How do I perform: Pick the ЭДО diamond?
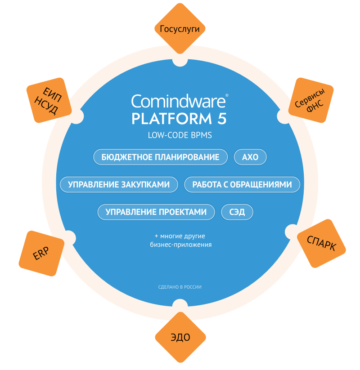[x=180, y=338]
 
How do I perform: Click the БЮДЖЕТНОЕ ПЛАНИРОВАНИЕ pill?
[x=161, y=157]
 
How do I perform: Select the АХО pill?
[x=250, y=157]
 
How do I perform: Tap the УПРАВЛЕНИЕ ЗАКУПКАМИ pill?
[x=119, y=184]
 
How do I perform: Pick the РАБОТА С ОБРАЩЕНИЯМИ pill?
[x=242, y=184]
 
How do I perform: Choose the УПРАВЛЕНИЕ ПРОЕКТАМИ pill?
[x=156, y=212]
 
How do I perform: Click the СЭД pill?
[x=237, y=212]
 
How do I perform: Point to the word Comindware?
[x=178, y=102]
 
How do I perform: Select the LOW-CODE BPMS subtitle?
[x=180, y=135]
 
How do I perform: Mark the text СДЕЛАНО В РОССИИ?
[x=180, y=287]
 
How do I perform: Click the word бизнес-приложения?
[x=180, y=245]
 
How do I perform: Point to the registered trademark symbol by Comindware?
[x=227, y=96]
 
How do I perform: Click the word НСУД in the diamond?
[x=46, y=106]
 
